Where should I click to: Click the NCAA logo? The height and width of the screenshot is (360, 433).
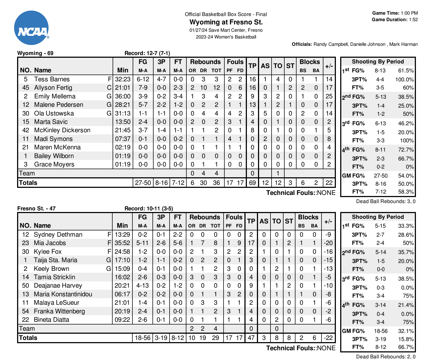[31, 28]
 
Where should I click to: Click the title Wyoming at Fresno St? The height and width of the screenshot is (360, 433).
[226, 22]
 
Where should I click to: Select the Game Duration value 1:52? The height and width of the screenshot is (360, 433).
[413, 20]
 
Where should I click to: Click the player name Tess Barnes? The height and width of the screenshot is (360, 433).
[52, 79]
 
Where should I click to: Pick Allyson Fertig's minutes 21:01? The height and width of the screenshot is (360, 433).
[123, 88]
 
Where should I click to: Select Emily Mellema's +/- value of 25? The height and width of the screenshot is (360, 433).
[329, 96]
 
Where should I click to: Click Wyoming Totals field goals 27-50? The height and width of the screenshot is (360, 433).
[143, 183]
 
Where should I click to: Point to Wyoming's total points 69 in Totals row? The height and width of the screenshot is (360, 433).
[252, 183]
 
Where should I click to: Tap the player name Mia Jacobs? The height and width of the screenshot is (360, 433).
[50, 243]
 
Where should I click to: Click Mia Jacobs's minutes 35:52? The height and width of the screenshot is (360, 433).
[122, 243]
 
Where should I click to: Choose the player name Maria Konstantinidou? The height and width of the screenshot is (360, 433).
[63, 294]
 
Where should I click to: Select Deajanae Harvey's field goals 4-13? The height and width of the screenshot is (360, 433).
[142, 285]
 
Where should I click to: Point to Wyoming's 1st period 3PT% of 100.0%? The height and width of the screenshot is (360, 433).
[404, 79]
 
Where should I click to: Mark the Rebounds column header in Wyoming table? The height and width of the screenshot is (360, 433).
[205, 62]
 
